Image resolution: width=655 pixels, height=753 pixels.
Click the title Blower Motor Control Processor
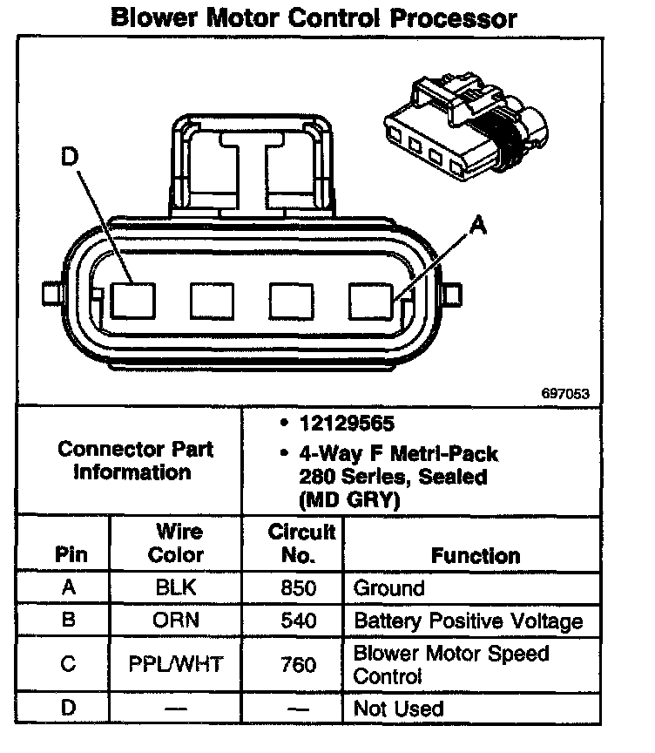pyautogui.click(x=314, y=17)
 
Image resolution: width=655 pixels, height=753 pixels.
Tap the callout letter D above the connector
pyautogui.click(x=71, y=158)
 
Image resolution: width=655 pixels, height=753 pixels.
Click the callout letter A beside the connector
pyautogui.click(x=477, y=227)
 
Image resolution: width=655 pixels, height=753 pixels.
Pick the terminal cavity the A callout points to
pyautogui.click(x=370, y=301)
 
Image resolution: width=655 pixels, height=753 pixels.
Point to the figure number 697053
pyautogui.click(x=565, y=394)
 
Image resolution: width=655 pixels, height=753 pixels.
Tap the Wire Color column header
pyautogui.click(x=179, y=543)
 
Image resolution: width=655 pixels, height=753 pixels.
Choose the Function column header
pyautogui.click(x=476, y=555)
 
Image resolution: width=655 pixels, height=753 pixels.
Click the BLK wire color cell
pyautogui.click(x=176, y=587)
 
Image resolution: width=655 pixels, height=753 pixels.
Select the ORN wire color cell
pyautogui.click(x=176, y=621)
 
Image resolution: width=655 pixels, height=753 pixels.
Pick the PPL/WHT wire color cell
pyautogui.click(x=176, y=665)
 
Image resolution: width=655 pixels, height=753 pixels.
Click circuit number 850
pyautogui.click(x=299, y=587)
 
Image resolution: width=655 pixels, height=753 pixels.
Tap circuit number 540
pyautogui.click(x=299, y=621)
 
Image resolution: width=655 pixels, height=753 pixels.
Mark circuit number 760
pyautogui.click(x=299, y=665)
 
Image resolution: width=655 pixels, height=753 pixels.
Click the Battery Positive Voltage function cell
pyautogui.click(x=468, y=621)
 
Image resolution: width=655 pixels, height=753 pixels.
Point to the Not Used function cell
pyautogui.click(x=398, y=709)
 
